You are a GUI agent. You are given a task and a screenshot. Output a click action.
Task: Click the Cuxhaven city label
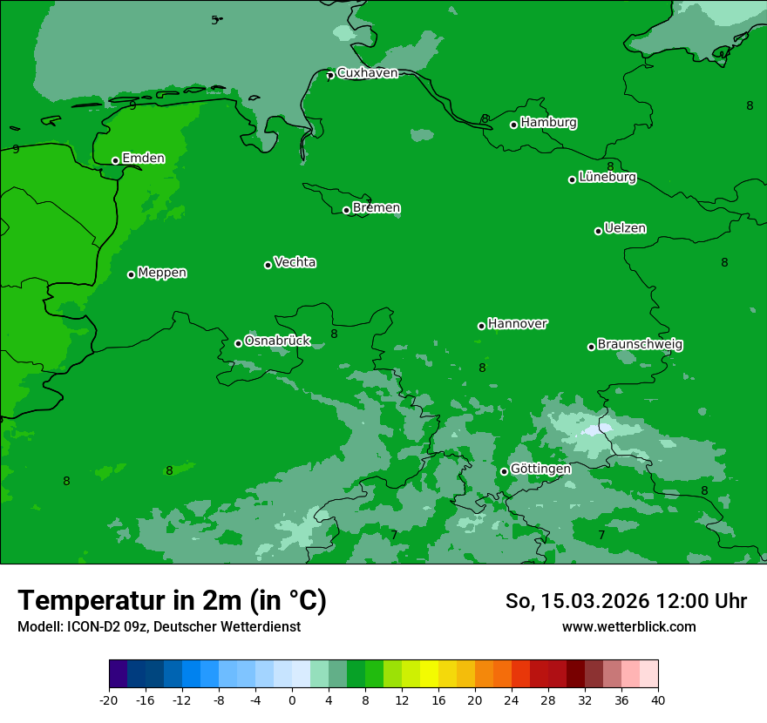point(367,73)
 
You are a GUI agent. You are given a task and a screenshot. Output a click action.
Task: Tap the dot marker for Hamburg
point(514,125)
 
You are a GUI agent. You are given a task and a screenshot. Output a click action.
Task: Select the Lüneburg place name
point(607,177)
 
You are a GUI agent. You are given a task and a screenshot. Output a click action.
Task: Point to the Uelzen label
point(625,228)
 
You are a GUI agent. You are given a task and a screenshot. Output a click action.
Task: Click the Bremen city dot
point(346,210)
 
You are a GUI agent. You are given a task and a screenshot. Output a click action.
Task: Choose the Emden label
point(143,158)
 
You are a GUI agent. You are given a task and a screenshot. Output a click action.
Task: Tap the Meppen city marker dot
point(132,274)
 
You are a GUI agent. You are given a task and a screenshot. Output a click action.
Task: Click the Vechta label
point(295,262)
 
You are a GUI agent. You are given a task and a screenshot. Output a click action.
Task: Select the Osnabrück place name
point(277,341)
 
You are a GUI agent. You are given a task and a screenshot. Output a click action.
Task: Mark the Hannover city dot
point(481,326)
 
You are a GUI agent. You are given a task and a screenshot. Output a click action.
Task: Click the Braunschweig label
point(640,344)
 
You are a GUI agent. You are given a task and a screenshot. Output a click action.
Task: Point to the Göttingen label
point(540,469)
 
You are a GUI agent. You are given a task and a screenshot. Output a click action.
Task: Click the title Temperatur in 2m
point(172,600)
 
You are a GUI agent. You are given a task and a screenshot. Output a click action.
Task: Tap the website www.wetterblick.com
point(628,626)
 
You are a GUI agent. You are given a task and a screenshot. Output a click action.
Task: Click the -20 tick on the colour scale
point(109,699)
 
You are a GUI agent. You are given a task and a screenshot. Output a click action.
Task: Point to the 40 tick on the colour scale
point(658,699)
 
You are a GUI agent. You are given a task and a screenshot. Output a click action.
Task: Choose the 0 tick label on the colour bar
point(292,699)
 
